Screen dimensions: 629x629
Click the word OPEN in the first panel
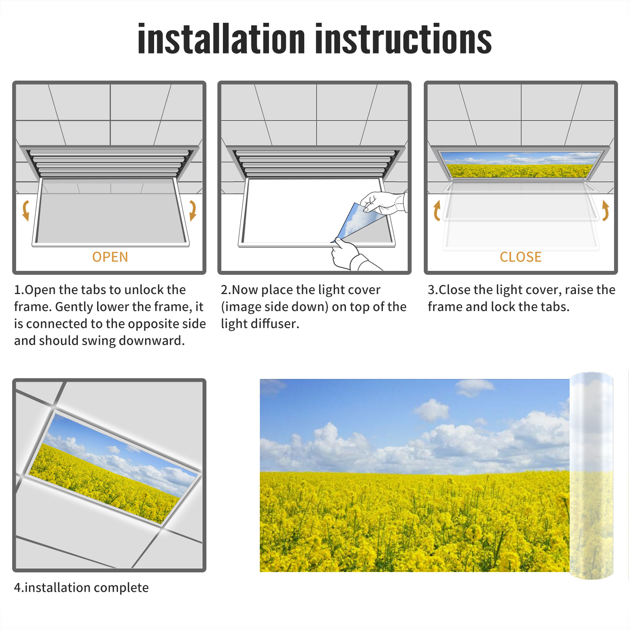(x=110, y=257)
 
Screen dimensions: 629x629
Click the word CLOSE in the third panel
(x=520, y=257)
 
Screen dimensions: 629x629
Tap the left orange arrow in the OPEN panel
(x=26, y=211)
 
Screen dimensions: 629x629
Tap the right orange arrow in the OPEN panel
(x=193, y=211)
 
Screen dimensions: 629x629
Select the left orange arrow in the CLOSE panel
(x=437, y=211)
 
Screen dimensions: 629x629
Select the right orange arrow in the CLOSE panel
(x=605, y=211)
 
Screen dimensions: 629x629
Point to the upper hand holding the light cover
(x=383, y=202)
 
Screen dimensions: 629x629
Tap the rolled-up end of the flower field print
(x=591, y=476)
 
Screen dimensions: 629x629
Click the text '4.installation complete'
(x=81, y=588)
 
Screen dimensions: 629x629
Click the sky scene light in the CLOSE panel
(x=520, y=165)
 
